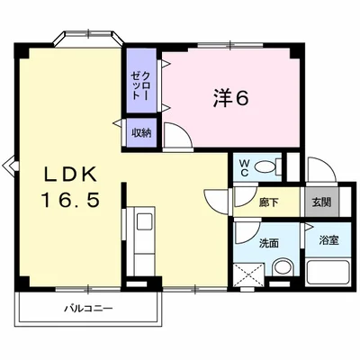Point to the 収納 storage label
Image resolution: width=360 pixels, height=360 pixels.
[x=141, y=133]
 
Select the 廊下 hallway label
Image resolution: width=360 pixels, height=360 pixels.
[x=267, y=202]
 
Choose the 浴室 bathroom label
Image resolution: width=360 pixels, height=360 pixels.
[x=328, y=241]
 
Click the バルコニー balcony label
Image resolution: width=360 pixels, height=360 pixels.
[x=87, y=309]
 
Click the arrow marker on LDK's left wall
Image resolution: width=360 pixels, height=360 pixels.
[x=10, y=165]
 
